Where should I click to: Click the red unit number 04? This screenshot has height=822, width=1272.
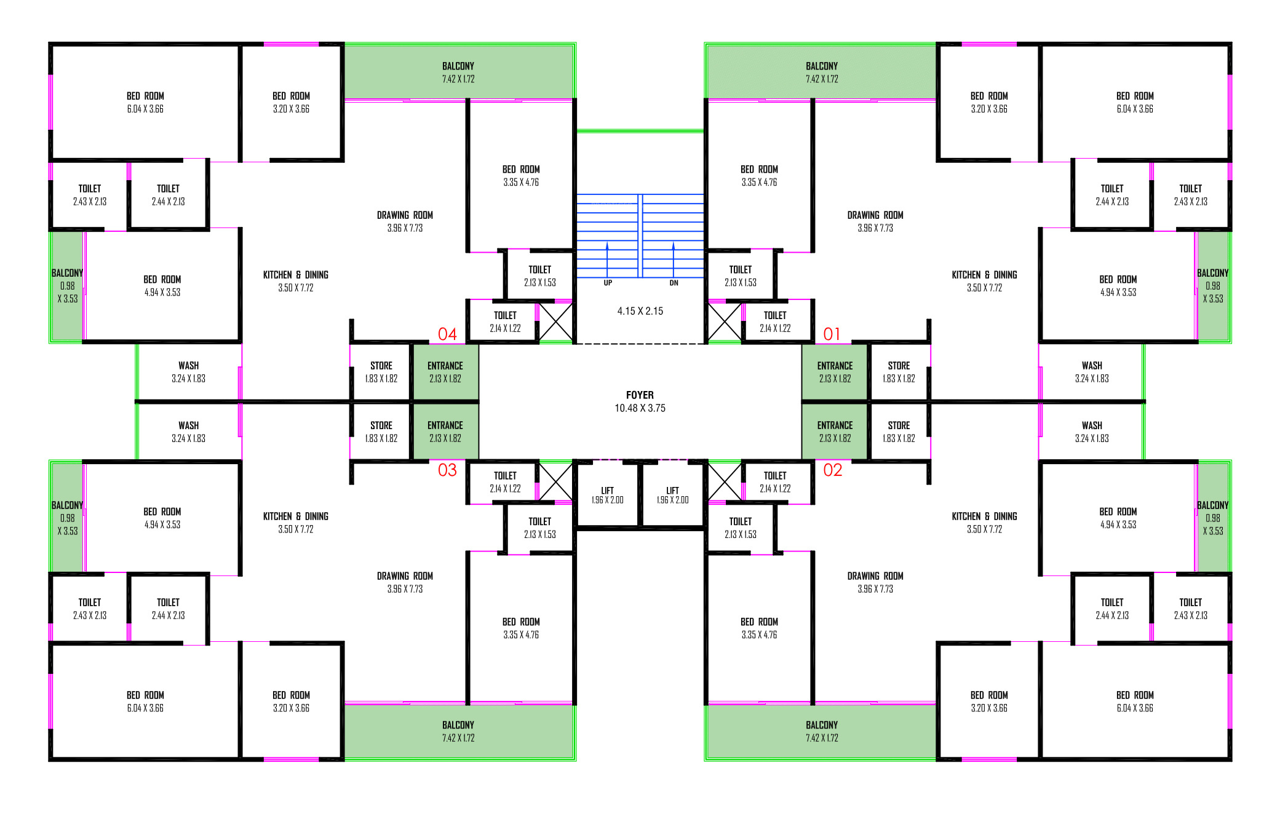pyautogui.click(x=447, y=334)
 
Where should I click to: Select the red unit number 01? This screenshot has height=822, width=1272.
pyautogui.click(x=832, y=334)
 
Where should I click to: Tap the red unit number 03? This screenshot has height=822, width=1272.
pyautogui.click(x=447, y=470)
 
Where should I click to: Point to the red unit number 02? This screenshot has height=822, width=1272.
pyautogui.click(x=832, y=470)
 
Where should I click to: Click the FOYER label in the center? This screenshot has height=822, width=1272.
pyautogui.click(x=640, y=395)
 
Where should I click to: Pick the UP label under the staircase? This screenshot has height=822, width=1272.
pyautogui.click(x=608, y=283)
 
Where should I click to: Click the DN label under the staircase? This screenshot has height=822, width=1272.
pyautogui.click(x=674, y=283)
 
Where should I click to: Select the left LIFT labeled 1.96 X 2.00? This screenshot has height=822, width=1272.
pyautogui.click(x=607, y=495)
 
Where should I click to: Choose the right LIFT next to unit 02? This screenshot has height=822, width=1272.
pyautogui.click(x=672, y=495)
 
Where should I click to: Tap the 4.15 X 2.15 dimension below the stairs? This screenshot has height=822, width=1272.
pyautogui.click(x=640, y=311)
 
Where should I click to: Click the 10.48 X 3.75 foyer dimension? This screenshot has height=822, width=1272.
pyautogui.click(x=640, y=408)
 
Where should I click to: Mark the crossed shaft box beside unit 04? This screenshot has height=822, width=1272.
pyautogui.click(x=555, y=322)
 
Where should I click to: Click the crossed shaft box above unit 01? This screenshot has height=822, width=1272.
pyautogui.click(x=725, y=322)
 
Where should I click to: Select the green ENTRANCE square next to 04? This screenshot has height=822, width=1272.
pyautogui.click(x=445, y=372)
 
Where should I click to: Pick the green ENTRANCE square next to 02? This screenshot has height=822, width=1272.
pyautogui.click(x=835, y=432)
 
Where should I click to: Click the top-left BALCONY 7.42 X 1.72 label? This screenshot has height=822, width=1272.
pyautogui.click(x=458, y=72)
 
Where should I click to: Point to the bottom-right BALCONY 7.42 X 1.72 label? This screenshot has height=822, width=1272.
pyautogui.click(x=822, y=731)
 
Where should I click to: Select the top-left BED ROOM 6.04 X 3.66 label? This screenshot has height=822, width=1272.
pyautogui.click(x=145, y=102)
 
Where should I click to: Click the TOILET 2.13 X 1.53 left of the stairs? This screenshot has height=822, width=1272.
pyautogui.click(x=539, y=276)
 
